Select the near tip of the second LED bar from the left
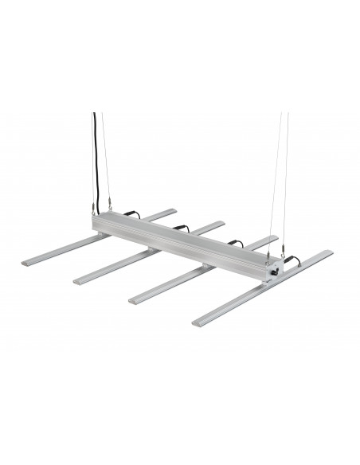pyautogui.click(x=80, y=281)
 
